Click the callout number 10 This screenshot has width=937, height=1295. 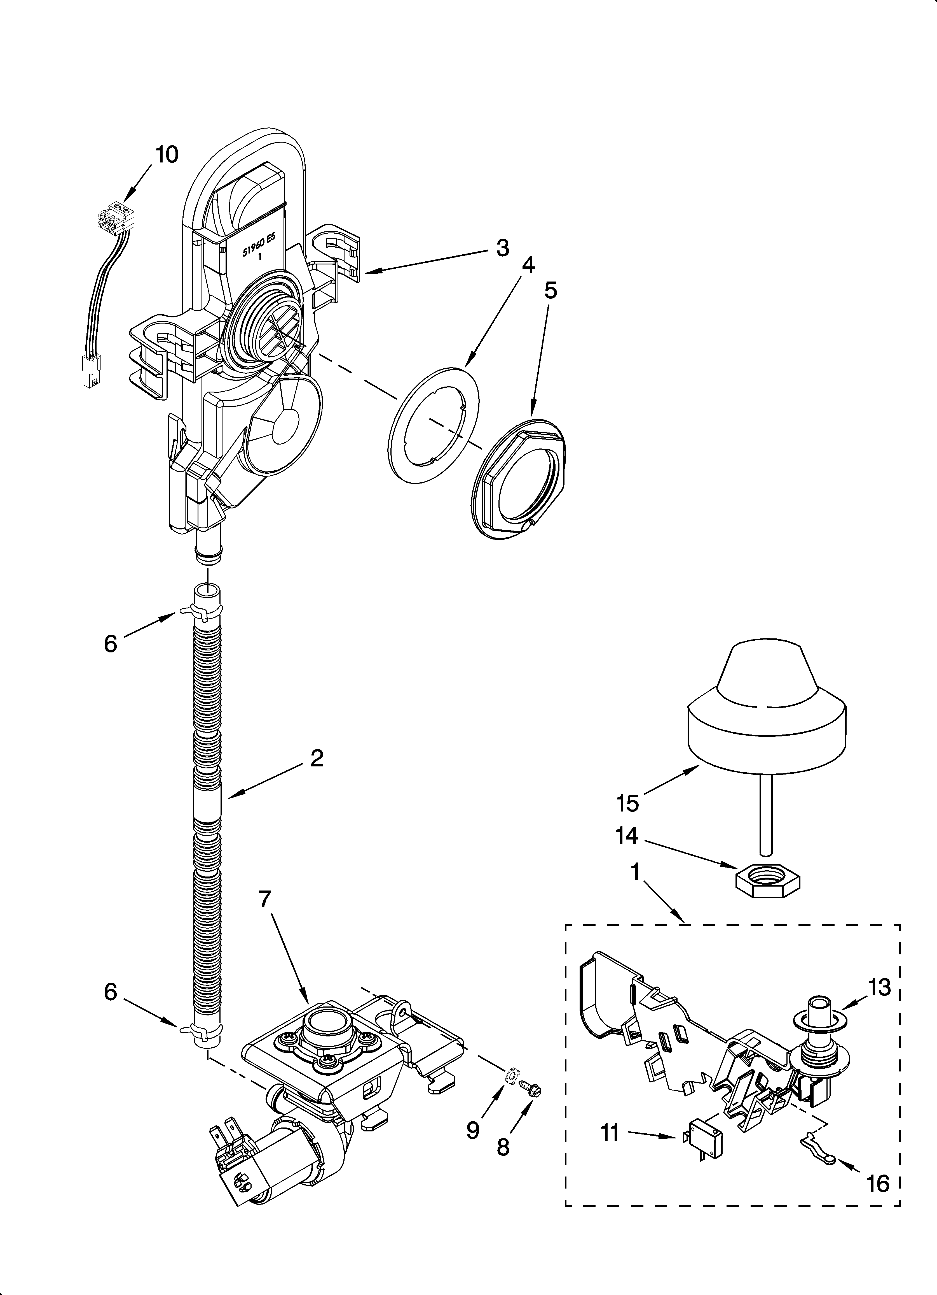click(x=167, y=155)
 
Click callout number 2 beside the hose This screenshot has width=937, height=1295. click(x=317, y=758)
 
